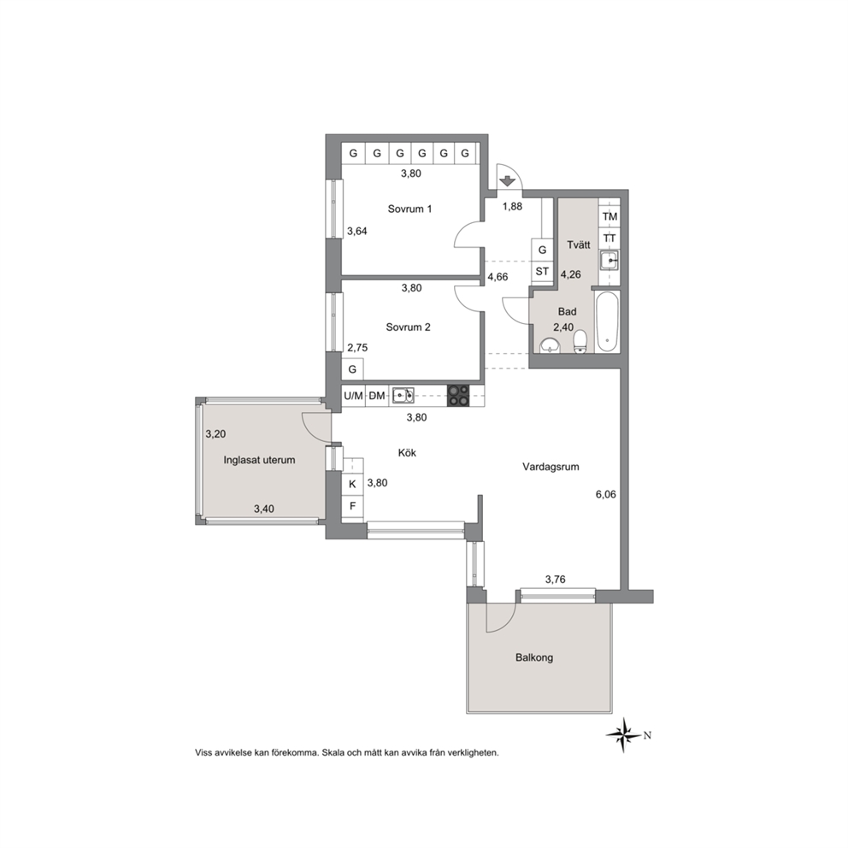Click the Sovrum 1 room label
pos(409,209)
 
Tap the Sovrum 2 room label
pos(408,327)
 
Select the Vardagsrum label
pos(551,467)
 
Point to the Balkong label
pos(533,658)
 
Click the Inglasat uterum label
pos(259,460)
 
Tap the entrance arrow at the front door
pos(507,180)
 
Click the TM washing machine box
pos(609,216)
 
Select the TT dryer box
pos(609,238)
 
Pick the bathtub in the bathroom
pos(606,322)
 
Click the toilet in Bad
pos(580,342)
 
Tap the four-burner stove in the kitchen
pos(459,396)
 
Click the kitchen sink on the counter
pos(403,396)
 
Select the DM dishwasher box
pos(377,396)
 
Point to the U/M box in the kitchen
pos(354,396)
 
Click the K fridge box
pos(352,484)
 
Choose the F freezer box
pos(352,507)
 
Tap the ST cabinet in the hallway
pos(542,272)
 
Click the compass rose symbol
pos(624,735)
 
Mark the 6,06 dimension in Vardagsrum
pos(604,494)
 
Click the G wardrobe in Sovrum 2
pos(352,369)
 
